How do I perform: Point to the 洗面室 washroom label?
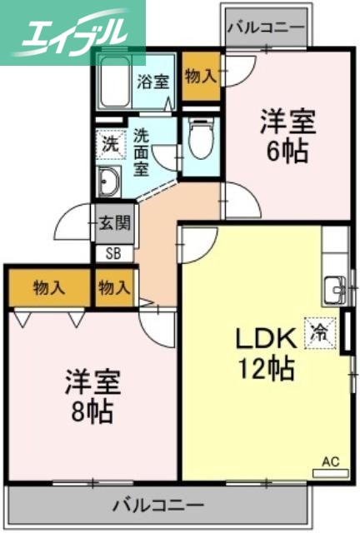(x=142, y=151)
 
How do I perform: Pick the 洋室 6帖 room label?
(x=287, y=137)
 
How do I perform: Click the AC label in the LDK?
(x=330, y=460)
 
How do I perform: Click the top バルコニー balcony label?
(x=266, y=27)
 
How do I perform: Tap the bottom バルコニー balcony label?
(x=157, y=505)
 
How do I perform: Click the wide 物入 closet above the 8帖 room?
(x=49, y=288)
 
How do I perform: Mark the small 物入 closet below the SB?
(x=114, y=288)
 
